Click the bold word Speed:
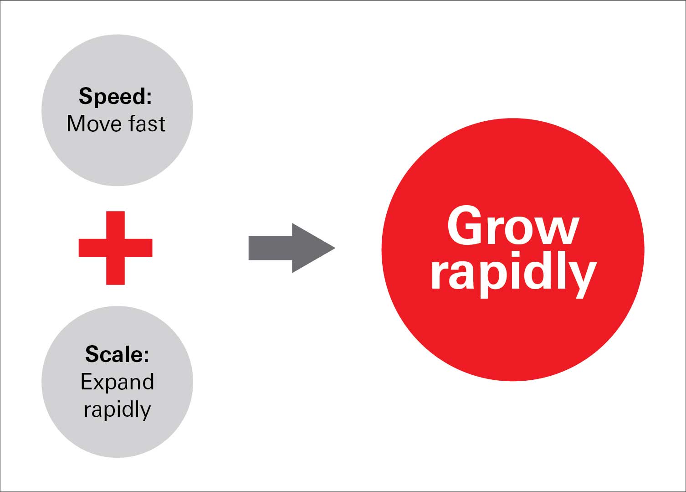[115, 97]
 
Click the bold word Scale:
[117, 354]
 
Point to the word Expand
[117, 382]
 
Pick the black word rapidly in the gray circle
[117, 409]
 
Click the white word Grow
[513, 226]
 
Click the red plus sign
[115, 248]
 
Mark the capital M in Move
[76, 124]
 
